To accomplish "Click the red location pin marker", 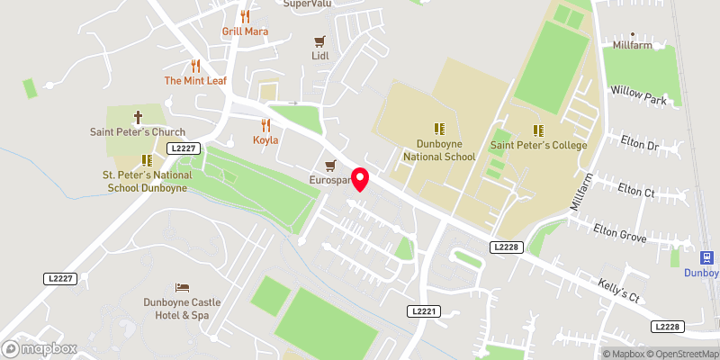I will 360,180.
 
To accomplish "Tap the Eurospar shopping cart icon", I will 330,166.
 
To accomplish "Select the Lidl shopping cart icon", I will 319,41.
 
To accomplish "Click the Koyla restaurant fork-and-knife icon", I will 265,125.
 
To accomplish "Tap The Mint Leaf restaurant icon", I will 195,66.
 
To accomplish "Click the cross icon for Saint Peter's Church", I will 138,117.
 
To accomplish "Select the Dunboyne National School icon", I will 440,130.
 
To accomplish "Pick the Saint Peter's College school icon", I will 538,130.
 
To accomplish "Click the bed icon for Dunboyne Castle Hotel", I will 181,287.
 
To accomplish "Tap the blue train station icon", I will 700,257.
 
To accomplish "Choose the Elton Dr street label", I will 640,143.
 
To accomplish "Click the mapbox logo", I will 40,347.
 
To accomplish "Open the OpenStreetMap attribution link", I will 681,354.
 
